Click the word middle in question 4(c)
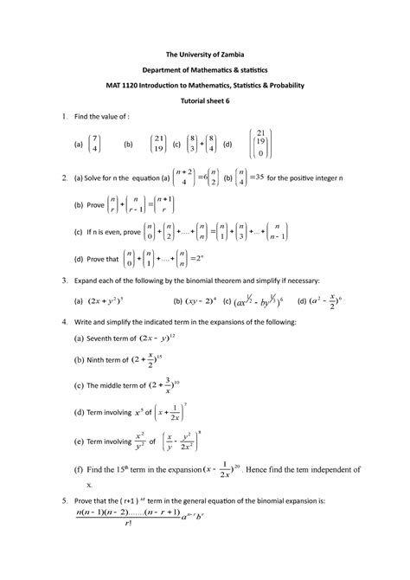(122, 385)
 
